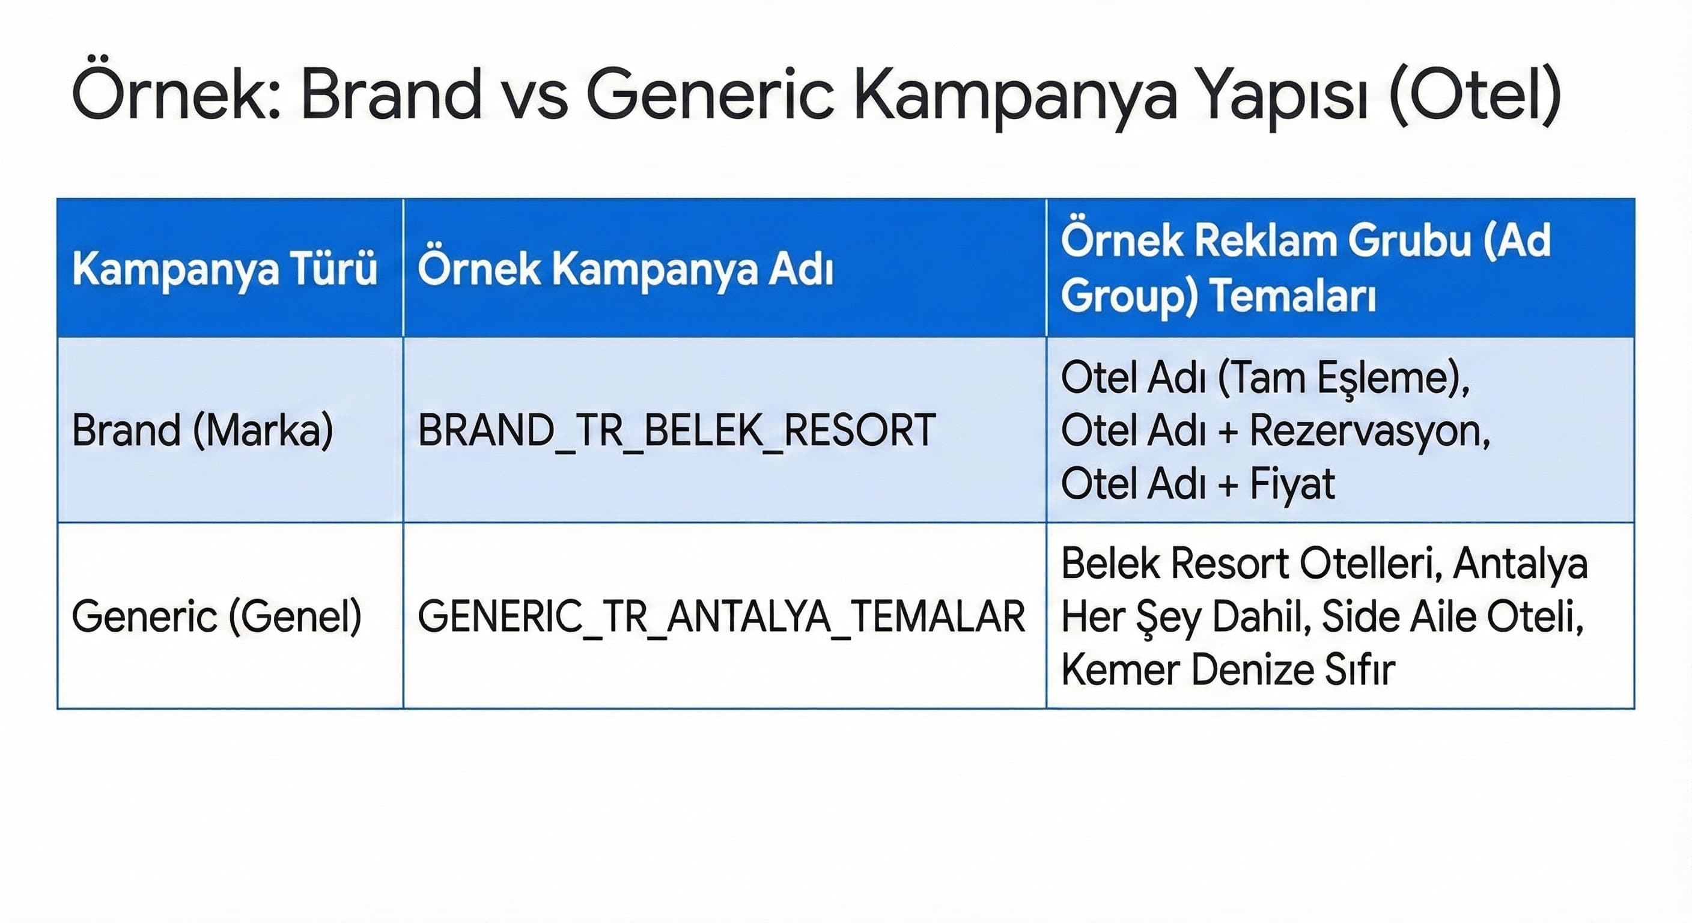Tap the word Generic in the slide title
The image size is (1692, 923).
coord(710,93)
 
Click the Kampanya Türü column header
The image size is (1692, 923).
coord(225,269)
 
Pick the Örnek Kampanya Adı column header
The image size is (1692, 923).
coord(625,269)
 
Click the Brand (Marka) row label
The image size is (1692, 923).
coord(202,431)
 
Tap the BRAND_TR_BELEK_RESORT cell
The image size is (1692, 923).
coord(677,431)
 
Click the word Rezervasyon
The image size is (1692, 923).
coord(1369,431)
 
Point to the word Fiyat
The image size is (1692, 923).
coord(1292,484)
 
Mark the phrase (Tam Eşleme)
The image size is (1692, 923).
coord(1344,379)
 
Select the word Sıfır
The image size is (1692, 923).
coord(1359,670)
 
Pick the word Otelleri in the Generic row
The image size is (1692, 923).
coord(1370,564)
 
